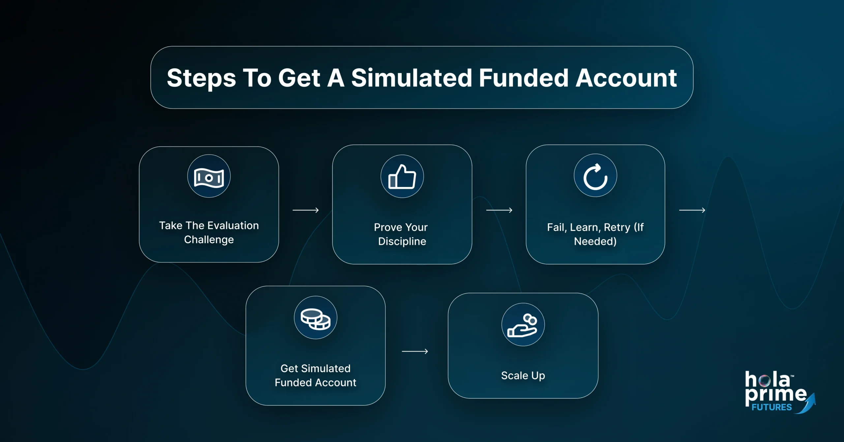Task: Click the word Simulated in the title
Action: point(411,78)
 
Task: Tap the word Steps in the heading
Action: point(201,78)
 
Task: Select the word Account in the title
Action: point(626,78)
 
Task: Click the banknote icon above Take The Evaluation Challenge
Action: point(209,177)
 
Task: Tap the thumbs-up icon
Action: point(402,177)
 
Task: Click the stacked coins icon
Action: point(316,318)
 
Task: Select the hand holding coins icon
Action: point(523,325)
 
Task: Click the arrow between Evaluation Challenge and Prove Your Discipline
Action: point(306,210)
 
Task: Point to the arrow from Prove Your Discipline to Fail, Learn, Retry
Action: point(499,210)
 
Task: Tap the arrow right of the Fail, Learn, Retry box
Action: point(692,210)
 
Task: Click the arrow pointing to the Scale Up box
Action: point(415,352)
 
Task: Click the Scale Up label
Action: point(523,375)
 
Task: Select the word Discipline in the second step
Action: point(402,241)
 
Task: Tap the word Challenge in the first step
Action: point(209,239)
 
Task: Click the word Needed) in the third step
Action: point(595,241)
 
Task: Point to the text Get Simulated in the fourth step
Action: point(316,368)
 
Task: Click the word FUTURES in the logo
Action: point(771,407)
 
